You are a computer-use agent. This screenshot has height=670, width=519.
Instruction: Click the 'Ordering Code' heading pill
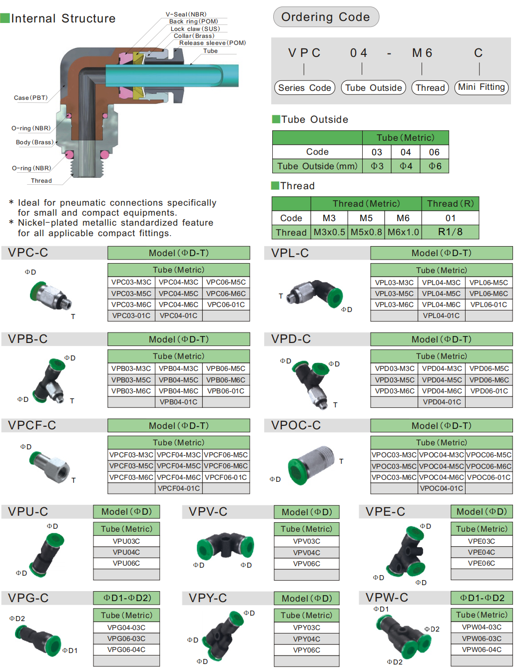pos(326,17)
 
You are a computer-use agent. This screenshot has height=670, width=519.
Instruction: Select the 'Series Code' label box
pos(304,88)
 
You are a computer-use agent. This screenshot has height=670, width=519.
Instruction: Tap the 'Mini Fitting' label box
pos(481,87)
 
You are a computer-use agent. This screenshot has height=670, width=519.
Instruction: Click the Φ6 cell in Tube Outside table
pos(434,166)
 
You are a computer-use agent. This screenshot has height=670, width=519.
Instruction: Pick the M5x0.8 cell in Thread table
pos(366,232)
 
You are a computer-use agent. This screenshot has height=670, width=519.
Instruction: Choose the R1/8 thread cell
pos(450,232)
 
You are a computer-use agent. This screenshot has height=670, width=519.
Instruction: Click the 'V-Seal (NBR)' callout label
pos(186,14)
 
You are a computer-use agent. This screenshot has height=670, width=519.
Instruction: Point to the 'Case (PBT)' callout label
pos(31,98)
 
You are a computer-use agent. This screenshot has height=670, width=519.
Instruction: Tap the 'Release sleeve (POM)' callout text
pos(212,43)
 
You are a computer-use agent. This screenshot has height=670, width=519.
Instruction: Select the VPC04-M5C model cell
pos(178,294)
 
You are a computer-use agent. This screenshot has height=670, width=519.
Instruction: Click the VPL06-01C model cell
pos(489,305)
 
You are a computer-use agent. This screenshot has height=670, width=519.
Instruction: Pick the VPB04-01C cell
pos(178,402)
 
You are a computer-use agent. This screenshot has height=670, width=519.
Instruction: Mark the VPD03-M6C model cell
pos(395,391)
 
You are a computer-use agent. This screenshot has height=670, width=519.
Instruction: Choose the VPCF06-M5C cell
pos(226,455)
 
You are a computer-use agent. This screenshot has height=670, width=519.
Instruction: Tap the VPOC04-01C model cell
pos(441,488)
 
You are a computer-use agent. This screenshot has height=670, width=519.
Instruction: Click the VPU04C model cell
pos(126,552)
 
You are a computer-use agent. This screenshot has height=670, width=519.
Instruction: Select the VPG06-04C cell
pos(126,650)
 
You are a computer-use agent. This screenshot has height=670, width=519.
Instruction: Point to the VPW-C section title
pos(387,598)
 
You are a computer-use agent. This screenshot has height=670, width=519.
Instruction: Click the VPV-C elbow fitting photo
pos(225,545)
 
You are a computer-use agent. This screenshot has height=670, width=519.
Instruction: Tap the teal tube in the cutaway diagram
pos(172,75)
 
